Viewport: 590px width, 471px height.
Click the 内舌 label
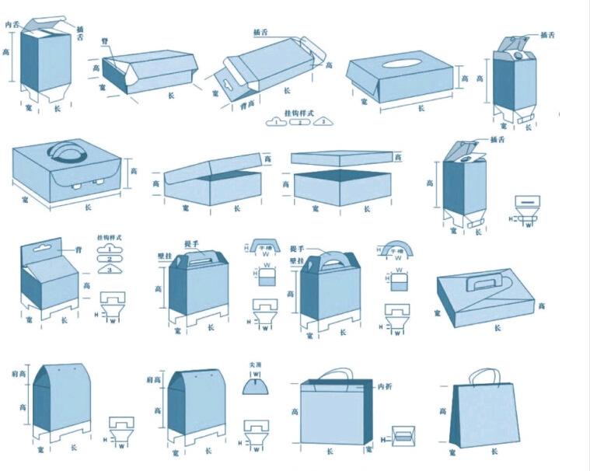[x=12, y=25]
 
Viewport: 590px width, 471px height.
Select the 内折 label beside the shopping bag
[x=384, y=386]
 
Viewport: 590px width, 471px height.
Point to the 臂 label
[x=104, y=40]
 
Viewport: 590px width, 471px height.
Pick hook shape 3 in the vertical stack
[x=110, y=269]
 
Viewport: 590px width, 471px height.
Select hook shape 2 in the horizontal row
[x=296, y=122]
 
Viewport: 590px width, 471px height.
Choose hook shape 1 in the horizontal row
[x=276, y=122]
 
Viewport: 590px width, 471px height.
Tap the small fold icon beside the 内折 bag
[x=405, y=436]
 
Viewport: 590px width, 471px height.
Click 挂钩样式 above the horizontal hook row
[x=297, y=113]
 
